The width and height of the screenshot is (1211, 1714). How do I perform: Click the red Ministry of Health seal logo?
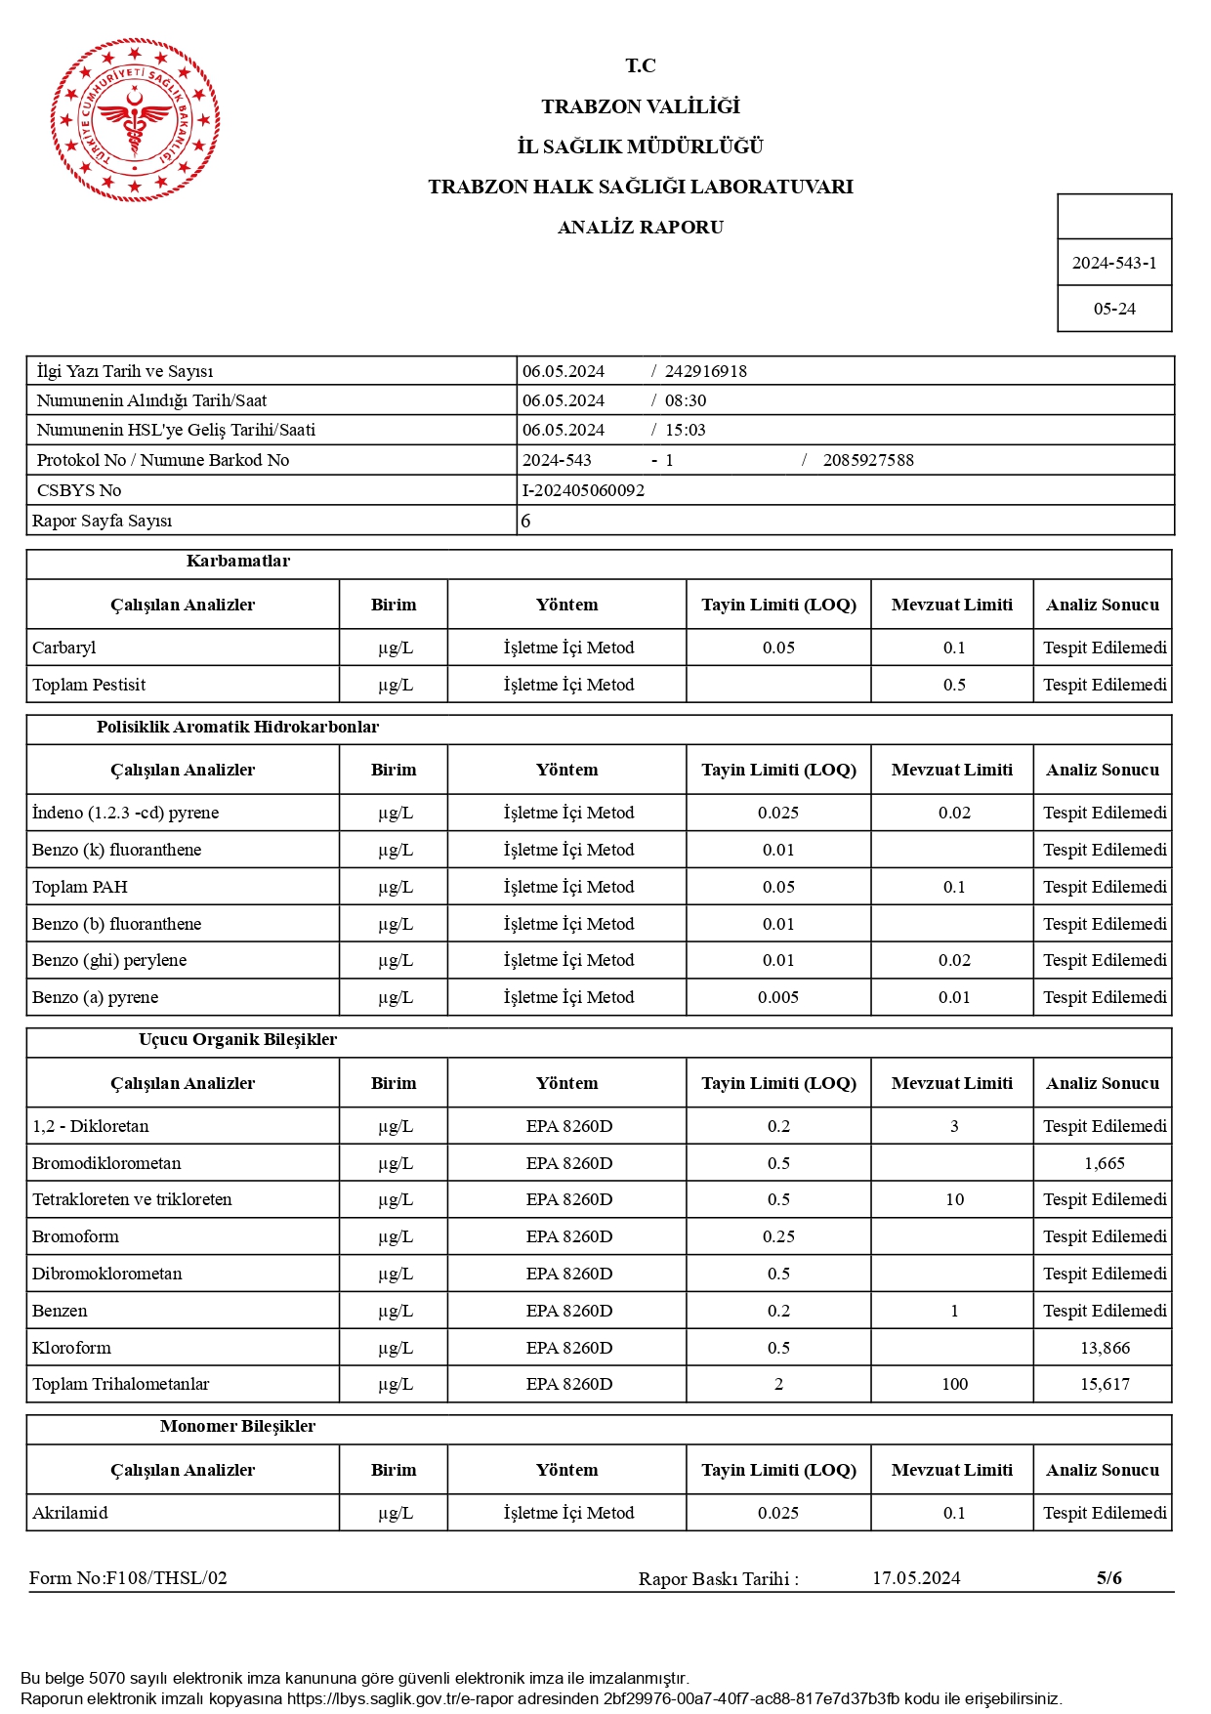tap(135, 120)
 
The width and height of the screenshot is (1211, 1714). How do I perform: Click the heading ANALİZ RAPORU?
tap(640, 228)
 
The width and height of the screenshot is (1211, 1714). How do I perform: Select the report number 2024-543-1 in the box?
tap(1113, 263)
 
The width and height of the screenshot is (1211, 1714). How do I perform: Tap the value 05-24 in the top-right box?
tap(1113, 309)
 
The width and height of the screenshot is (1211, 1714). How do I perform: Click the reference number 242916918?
tap(705, 371)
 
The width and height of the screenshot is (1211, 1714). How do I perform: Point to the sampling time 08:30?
tap(685, 400)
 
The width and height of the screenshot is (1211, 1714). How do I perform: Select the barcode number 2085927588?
tap(867, 460)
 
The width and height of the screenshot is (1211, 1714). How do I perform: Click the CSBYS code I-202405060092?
tap(583, 490)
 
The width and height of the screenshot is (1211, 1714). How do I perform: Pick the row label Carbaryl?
tap(64, 648)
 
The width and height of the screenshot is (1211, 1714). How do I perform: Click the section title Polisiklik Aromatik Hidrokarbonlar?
tap(237, 727)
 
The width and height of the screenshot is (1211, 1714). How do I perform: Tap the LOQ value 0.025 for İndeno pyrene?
tap(777, 813)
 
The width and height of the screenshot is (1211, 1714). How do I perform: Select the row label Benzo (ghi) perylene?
tap(109, 960)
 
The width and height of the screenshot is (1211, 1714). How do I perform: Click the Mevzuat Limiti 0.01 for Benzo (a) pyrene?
tap(953, 997)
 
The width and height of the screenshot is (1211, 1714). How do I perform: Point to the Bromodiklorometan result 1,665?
tap(1104, 1163)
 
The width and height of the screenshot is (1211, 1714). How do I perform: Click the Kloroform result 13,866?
tap(1104, 1348)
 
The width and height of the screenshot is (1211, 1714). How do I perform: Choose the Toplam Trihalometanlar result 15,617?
tap(1104, 1384)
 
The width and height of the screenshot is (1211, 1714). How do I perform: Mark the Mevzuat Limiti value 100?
tap(953, 1384)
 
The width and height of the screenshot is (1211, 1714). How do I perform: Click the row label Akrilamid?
tap(70, 1513)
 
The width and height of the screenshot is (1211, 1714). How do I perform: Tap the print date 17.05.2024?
tap(915, 1578)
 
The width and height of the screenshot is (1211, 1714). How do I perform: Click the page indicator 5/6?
tap(1108, 1578)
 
